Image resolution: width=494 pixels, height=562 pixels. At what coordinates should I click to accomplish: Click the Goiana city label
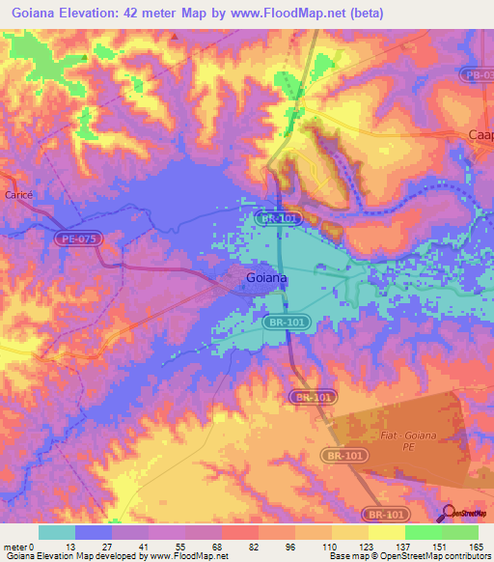point(262,279)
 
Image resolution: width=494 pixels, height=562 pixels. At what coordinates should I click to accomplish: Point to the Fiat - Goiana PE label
point(435,440)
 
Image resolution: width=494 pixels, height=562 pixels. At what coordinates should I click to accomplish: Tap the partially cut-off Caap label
point(480,135)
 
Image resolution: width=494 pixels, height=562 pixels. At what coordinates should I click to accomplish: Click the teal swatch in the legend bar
point(57,532)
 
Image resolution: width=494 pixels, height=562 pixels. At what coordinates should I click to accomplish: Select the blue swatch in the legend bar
point(94,532)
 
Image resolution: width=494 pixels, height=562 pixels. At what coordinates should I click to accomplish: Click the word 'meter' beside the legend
point(15,546)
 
